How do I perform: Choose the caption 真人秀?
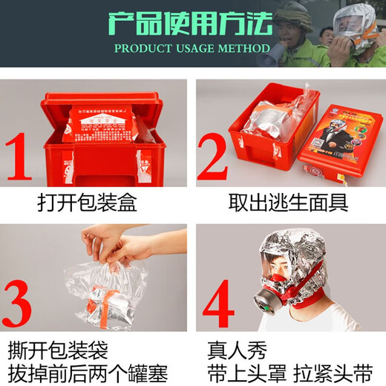point(236,347)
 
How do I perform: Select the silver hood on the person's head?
point(286,249)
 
